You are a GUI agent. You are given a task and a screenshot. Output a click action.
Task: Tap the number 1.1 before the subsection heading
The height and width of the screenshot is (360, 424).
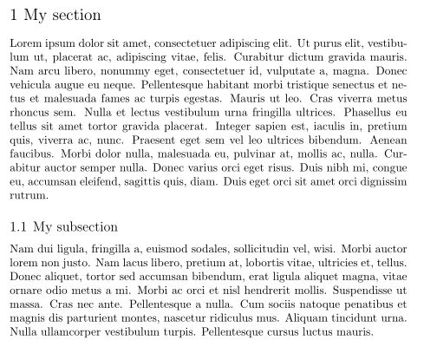(18, 228)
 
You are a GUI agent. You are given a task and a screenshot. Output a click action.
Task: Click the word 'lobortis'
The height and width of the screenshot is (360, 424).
(242, 263)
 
